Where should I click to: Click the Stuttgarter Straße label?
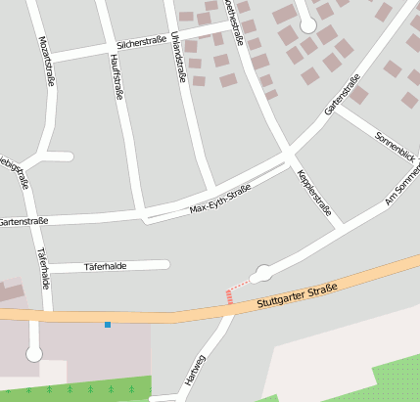tap(297, 295)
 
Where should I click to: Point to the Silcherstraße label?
tap(141, 43)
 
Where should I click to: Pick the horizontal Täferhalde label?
tap(106, 265)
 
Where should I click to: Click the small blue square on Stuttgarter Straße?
tap(108, 324)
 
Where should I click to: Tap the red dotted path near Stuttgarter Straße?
tap(230, 294)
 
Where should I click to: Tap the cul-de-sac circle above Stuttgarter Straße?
tap(262, 274)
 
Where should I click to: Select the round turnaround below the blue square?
tap(34, 354)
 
